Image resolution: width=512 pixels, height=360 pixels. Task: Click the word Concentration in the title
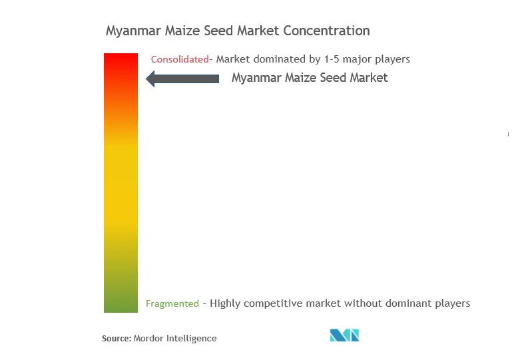(326, 31)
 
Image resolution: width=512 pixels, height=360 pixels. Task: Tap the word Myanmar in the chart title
(133, 31)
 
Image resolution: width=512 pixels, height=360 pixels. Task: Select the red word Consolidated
(180, 59)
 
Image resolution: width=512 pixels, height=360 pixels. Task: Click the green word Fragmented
(172, 303)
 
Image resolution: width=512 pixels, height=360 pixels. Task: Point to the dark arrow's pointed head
(146, 79)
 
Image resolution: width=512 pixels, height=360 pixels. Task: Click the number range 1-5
(332, 59)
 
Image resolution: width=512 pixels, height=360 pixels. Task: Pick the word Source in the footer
(117, 338)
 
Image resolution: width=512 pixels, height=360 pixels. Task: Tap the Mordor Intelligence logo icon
(344, 335)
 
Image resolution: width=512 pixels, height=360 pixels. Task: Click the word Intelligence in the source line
(191, 339)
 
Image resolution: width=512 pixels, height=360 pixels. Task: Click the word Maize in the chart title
(182, 31)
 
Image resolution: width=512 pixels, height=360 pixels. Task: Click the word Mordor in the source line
(148, 338)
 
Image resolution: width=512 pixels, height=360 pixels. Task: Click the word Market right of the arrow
(369, 78)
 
